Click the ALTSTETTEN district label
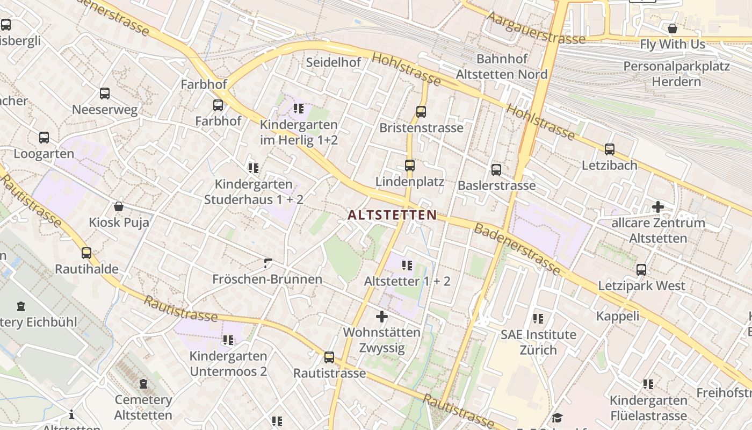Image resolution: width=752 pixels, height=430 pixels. point(392,215)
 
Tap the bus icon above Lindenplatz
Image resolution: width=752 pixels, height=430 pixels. point(410,166)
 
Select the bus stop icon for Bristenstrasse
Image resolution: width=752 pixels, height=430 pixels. point(421,112)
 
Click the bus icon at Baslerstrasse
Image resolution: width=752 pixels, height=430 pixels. point(496,170)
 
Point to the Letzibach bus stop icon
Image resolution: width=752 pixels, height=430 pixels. point(610,149)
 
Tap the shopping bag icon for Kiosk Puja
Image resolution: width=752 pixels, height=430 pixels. point(119,206)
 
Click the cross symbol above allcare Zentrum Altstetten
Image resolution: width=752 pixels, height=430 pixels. point(658,206)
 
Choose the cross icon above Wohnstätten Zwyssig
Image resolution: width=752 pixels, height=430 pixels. point(382,317)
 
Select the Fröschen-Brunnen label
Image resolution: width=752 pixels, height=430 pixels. point(267,279)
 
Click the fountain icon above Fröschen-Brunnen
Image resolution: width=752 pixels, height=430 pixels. point(268,263)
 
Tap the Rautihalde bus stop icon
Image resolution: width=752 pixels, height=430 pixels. point(86,253)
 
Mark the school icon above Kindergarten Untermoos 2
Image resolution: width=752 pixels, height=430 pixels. point(228,340)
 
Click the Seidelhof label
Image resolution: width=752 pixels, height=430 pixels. point(334,62)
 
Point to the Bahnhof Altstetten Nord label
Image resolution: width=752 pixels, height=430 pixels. point(502,66)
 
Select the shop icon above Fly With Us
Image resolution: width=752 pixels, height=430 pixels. point(672,28)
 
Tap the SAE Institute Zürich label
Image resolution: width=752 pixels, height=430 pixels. point(538,342)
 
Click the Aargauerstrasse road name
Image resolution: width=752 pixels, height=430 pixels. point(536,28)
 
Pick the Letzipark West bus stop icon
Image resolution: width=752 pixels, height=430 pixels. point(641,270)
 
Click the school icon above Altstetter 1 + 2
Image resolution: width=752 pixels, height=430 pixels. point(407,265)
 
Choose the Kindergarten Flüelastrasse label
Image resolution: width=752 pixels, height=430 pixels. point(648,408)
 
